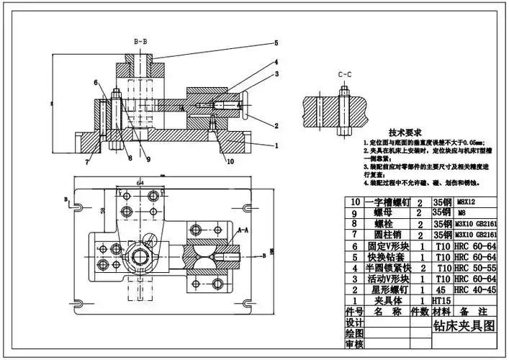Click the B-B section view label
coord(140,41)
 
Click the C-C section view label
coord(344,74)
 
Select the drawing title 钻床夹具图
coord(464,325)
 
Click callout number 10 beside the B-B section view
coord(230,162)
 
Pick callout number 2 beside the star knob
coord(276,125)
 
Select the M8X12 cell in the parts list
coord(468,203)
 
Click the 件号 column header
coord(353,312)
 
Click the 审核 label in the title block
coord(353,346)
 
